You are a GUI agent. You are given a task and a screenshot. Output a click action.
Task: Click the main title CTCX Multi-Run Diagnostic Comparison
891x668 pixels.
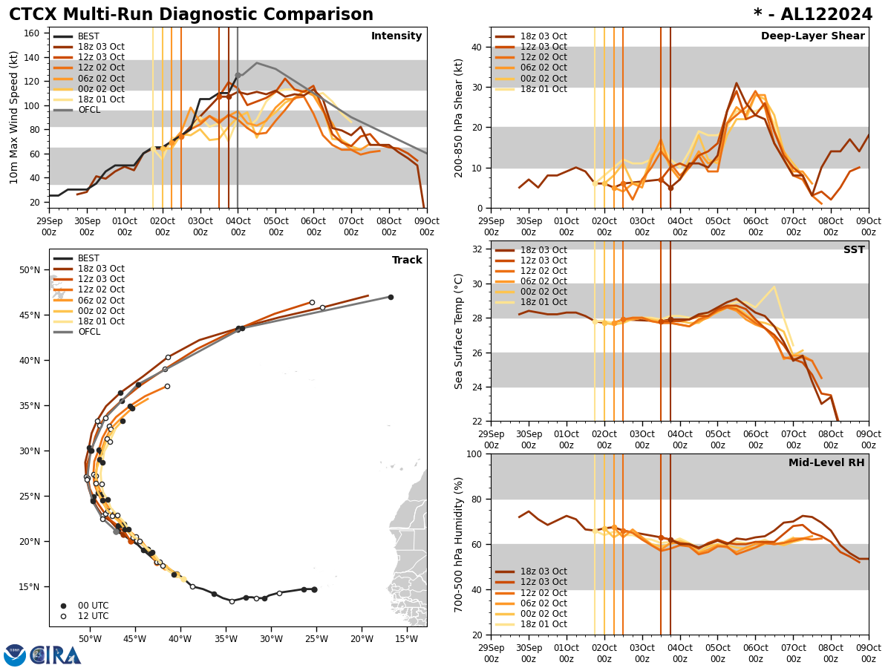click(191, 15)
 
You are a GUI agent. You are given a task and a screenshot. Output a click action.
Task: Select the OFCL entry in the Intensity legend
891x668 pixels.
click(91, 110)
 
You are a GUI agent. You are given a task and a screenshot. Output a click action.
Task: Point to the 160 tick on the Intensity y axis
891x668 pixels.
click(34, 33)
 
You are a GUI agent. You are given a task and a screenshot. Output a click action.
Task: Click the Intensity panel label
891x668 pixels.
click(396, 36)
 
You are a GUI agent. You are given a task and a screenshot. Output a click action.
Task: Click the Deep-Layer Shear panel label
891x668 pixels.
click(812, 36)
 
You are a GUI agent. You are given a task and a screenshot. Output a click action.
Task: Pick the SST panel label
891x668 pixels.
click(854, 250)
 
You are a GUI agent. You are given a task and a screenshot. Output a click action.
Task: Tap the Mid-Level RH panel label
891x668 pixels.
click(826, 463)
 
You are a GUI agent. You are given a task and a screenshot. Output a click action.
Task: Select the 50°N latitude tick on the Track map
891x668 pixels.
click(30, 269)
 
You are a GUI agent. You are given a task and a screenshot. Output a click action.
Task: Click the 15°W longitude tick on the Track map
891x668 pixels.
click(406, 639)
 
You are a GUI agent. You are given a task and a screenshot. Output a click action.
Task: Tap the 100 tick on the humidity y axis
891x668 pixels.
click(472, 453)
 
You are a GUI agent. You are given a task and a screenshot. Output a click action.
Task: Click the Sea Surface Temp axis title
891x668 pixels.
click(459, 331)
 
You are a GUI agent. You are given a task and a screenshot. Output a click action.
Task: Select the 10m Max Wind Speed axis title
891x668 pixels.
click(14, 117)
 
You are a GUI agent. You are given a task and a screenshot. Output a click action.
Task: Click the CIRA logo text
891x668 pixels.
click(57, 655)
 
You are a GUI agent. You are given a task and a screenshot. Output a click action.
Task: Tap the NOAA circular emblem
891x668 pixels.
click(14, 655)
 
